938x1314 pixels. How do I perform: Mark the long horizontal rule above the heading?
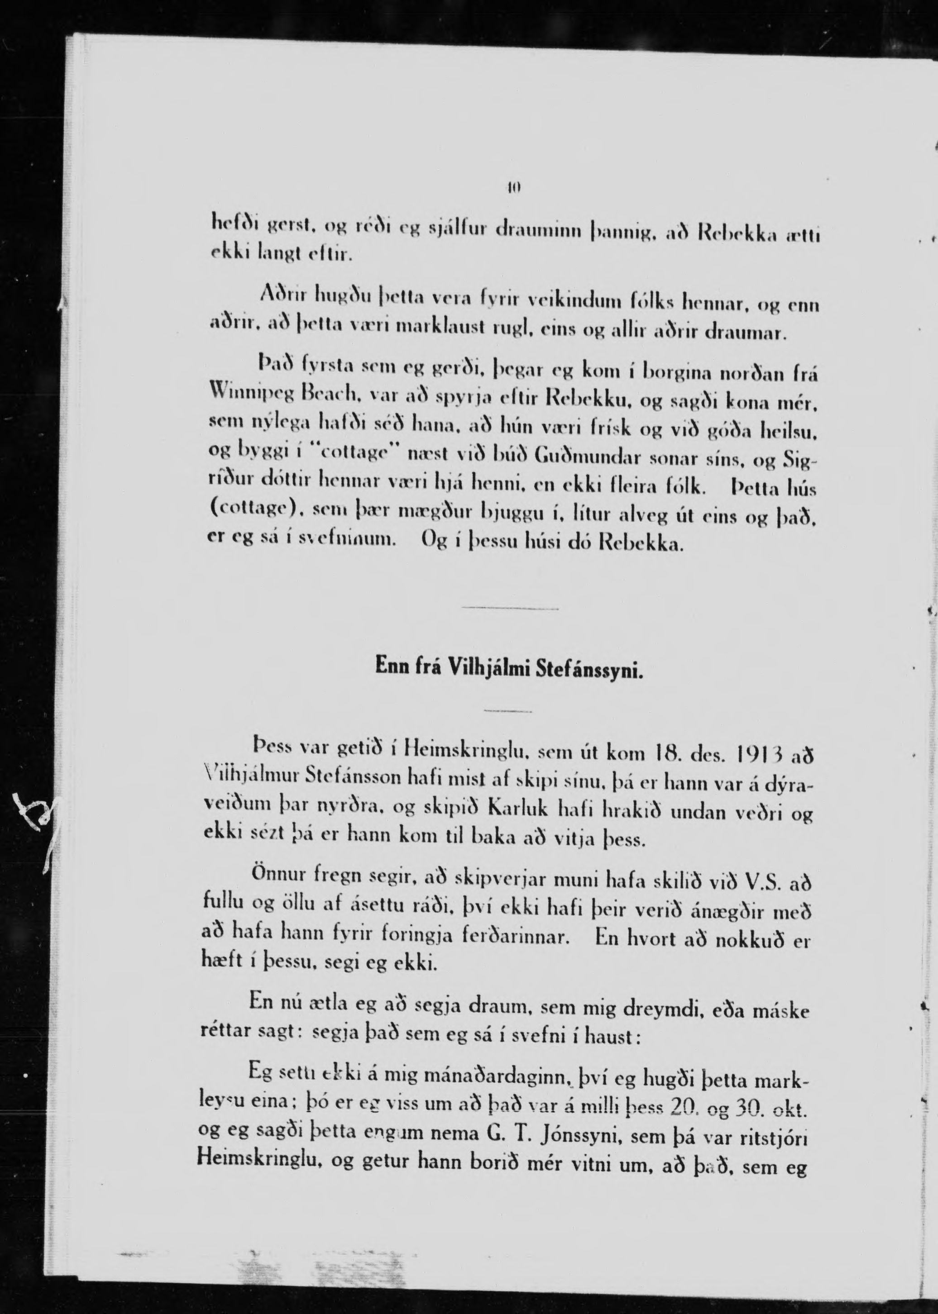pyautogui.click(x=510, y=609)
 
